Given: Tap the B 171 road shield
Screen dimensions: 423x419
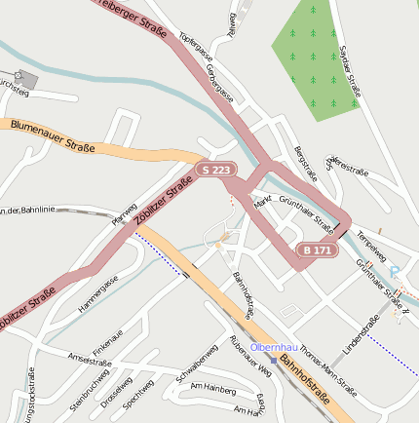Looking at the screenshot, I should (x=317, y=250).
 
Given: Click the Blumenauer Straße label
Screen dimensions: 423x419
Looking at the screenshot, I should (x=54, y=136).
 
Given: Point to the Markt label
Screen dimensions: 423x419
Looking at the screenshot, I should (x=262, y=202).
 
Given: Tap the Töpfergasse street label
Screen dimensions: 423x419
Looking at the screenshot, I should (x=196, y=54).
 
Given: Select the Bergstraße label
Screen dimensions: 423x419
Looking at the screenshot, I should (x=305, y=164).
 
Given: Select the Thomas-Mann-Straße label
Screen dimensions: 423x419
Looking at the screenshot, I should (x=327, y=372).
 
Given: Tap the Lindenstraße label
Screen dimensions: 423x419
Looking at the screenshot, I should (x=361, y=335).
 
